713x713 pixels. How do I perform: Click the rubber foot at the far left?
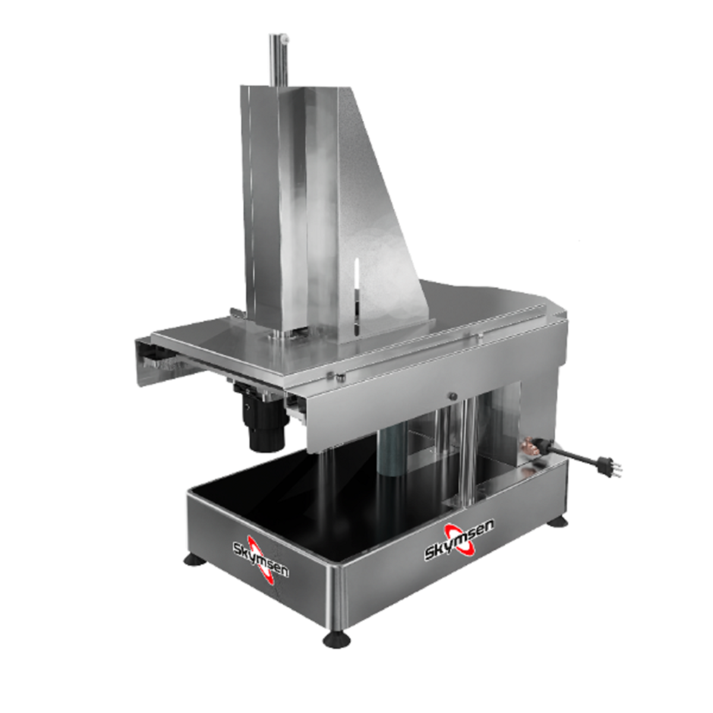coord(195,560)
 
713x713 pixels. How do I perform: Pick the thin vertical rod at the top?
coord(278,61)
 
